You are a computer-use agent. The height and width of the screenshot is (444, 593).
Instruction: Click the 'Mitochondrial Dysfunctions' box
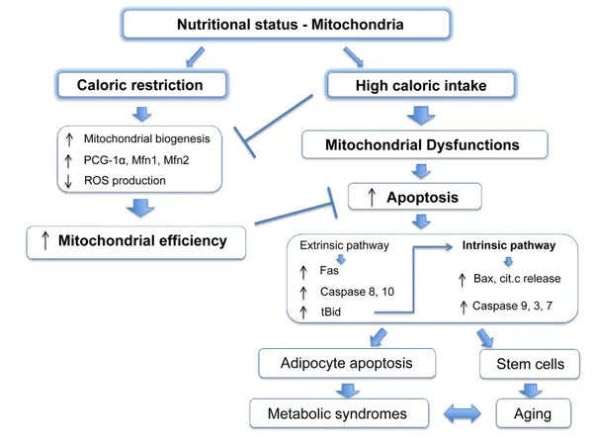click(422, 145)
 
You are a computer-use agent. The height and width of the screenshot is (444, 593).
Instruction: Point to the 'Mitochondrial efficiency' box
click(135, 240)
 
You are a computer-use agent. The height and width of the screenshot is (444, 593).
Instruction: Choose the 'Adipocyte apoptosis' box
click(349, 364)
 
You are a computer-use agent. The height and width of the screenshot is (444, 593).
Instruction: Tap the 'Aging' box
click(526, 412)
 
